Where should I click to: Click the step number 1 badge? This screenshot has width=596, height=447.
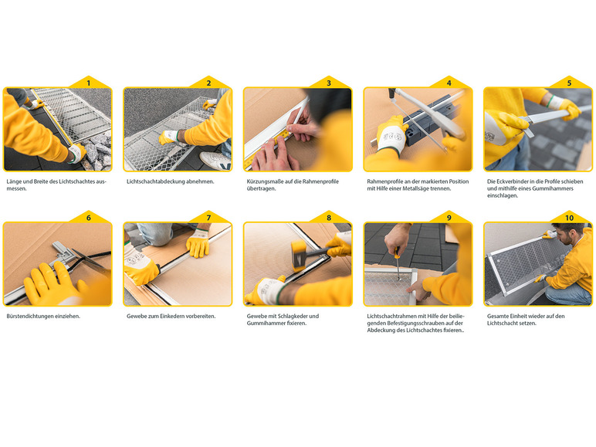pyautogui.click(x=89, y=83)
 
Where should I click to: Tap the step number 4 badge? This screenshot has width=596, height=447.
pyautogui.click(x=449, y=83)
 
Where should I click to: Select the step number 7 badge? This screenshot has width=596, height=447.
pyautogui.click(x=208, y=218)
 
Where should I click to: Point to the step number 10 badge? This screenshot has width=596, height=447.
pyautogui.click(x=569, y=218)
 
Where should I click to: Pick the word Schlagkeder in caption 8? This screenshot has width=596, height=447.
pyautogui.click(x=293, y=317)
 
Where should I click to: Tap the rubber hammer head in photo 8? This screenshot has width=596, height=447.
pyautogui.click(x=299, y=256)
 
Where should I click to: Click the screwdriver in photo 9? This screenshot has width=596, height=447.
pyautogui.click(x=398, y=263)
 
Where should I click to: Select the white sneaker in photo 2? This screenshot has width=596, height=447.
pyautogui.click(x=215, y=161)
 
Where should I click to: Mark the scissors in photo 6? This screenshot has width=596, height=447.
pyautogui.click(x=91, y=260)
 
